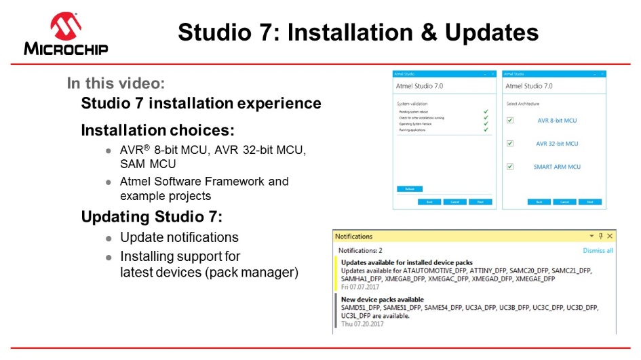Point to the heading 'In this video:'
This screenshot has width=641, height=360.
pyautogui.click(x=116, y=83)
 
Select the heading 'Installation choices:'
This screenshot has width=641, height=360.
pyautogui.click(x=157, y=129)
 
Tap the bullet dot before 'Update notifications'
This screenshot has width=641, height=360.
pyautogui.click(x=109, y=239)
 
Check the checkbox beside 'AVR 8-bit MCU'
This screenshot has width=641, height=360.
pyautogui.click(x=510, y=121)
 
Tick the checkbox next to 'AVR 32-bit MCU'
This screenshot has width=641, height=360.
pyautogui.click(x=510, y=144)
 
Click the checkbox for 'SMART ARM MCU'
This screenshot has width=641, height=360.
pyautogui.click(x=510, y=167)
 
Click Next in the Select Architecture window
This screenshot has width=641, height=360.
pyautogui.click(x=590, y=202)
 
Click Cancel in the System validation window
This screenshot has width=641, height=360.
pyautogui.click(x=454, y=202)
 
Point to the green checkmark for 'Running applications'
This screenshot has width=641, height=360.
pyautogui.click(x=486, y=129)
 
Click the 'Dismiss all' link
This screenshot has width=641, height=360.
pyautogui.click(x=598, y=250)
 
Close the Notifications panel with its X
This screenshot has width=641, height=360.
pyautogui.click(x=610, y=236)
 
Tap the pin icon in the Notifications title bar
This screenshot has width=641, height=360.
pyautogui.click(x=600, y=236)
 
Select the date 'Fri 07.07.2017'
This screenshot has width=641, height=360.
pyautogui.click(x=360, y=286)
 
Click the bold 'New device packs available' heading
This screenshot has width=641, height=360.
pyautogui.click(x=382, y=299)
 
